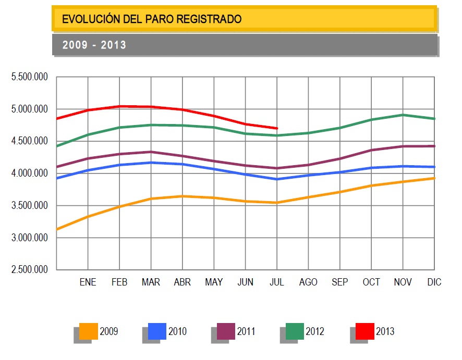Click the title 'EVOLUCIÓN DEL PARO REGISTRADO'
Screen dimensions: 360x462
pos(152,19)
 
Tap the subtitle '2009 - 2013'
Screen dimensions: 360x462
pos(94,45)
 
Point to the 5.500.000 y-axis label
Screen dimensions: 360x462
pos(30,77)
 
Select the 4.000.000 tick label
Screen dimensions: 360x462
pos(30,173)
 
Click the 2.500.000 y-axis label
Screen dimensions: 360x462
pos(30,270)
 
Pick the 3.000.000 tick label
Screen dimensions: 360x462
pos(30,238)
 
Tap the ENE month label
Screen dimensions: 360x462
pos(88,282)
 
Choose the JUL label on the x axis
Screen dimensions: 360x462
pos(277,282)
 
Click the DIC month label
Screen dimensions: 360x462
pos(434,282)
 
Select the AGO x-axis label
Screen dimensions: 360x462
pos(308,282)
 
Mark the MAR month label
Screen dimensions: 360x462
pos(151,282)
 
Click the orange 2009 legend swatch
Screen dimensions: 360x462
pos(89,331)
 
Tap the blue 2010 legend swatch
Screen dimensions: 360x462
pos(157,331)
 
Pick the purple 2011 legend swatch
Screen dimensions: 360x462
pos(226,331)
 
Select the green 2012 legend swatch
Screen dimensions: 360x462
pos(295,331)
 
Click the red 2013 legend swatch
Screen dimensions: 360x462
pos(364,331)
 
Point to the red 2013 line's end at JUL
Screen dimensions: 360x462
pos(277,128)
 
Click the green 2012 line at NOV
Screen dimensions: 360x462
pos(403,115)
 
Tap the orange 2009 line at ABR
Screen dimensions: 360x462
pos(183,196)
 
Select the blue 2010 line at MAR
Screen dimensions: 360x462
pos(151,163)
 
